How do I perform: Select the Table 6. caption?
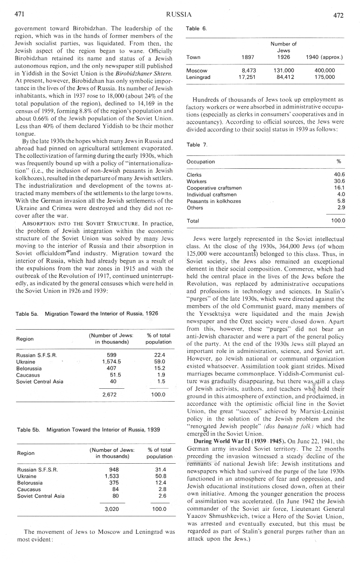point(197,29)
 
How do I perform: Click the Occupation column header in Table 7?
point(201,161)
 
